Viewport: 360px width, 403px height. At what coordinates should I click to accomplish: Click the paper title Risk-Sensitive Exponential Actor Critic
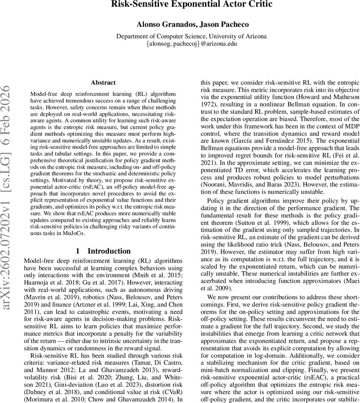click(192, 4)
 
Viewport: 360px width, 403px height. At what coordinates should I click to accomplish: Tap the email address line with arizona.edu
click(192, 44)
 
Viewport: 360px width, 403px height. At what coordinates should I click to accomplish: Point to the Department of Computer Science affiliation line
click(192, 36)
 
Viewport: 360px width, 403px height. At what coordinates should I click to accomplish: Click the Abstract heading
click(103, 83)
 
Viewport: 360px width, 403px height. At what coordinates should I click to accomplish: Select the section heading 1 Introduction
click(103, 251)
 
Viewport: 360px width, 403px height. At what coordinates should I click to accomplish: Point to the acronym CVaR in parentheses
click(171, 392)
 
